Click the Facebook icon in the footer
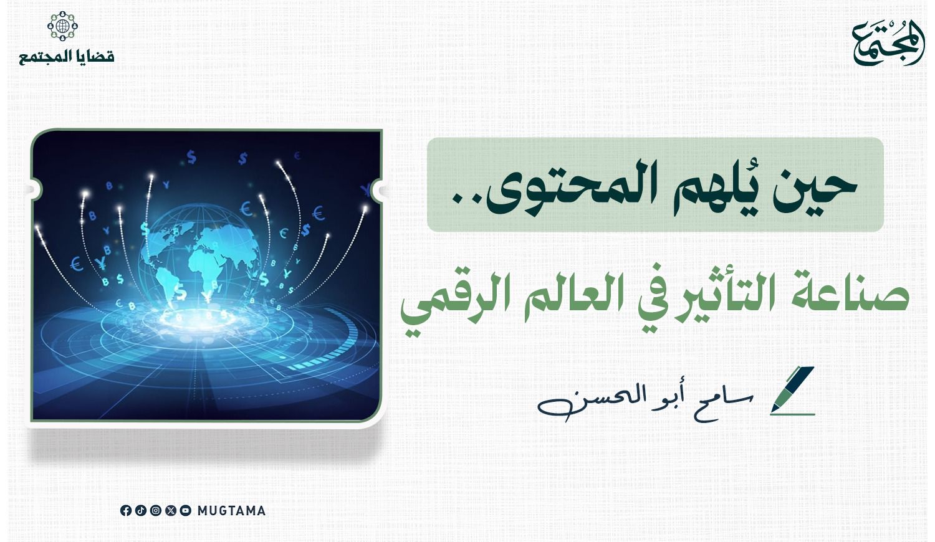coord(126,511)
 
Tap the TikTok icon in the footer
coord(141,511)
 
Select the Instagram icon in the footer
coord(156,511)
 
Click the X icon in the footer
coord(171,511)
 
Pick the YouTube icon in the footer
coord(186,511)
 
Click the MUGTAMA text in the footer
coord(231,511)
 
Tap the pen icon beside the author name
coord(792,391)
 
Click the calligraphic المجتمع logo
coord(888,42)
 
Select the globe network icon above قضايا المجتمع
coord(62,26)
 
